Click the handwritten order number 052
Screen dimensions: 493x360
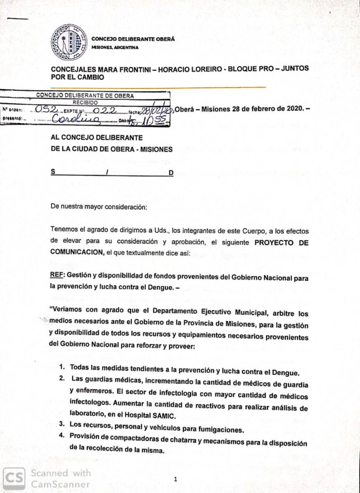47,110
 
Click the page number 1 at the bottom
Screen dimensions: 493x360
176,479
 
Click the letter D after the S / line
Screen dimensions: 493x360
171,173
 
